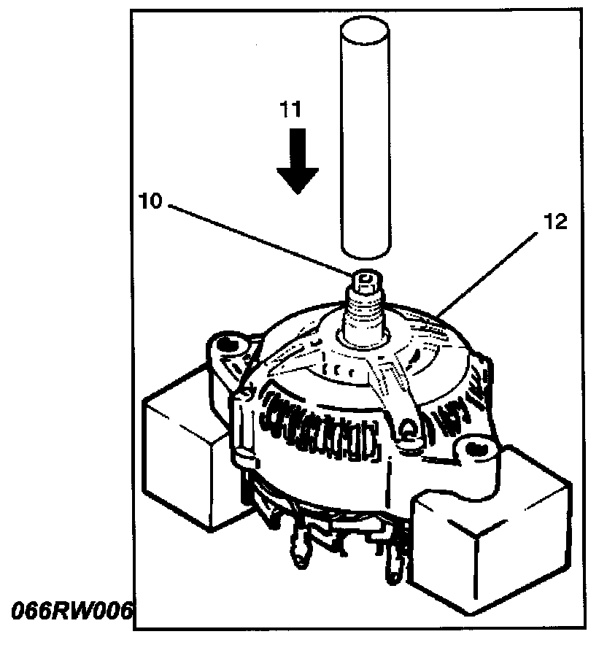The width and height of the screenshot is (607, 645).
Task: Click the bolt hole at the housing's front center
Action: pos(410,437)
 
